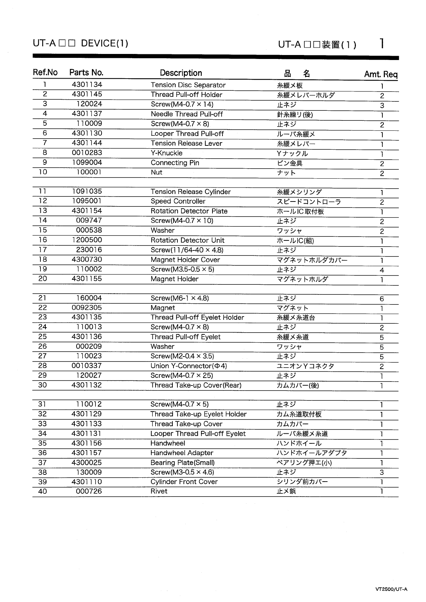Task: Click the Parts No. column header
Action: click(86, 73)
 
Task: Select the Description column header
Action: click(181, 73)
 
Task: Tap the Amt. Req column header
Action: click(381, 74)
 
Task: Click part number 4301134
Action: click(87, 85)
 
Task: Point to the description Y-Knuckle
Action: click(166, 153)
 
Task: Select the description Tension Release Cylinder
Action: click(191, 192)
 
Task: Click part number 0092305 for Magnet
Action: click(87, 308)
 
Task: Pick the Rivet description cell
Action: click(159, 491)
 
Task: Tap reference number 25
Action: click(43, 337)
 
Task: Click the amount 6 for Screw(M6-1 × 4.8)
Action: click(382, 299)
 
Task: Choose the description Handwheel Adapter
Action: click(182, 453)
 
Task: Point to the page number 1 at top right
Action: click(382, 44)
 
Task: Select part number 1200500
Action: click(87, 240)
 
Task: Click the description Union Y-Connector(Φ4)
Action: click(188, 366)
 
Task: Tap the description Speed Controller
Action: click(178, 201)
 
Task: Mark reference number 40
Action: click(43, 491)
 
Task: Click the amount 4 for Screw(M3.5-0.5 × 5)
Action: click(382, 270)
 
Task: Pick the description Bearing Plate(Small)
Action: click(182, 463)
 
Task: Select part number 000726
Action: click(89, 491)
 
